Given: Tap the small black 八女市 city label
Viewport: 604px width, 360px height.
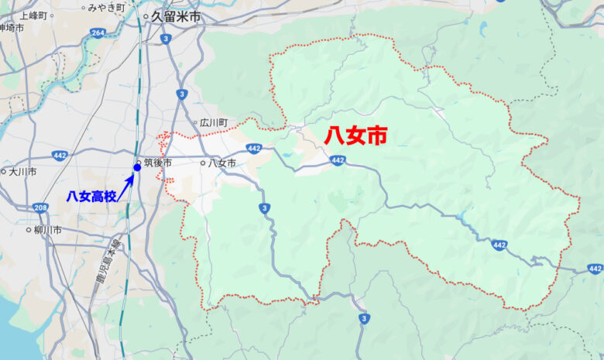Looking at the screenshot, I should click(221, 163).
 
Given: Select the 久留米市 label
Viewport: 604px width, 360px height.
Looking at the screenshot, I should click(176, 15).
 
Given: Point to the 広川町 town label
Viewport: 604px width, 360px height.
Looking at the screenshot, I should click(214, 123).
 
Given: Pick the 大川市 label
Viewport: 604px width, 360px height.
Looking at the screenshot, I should click(22, 172).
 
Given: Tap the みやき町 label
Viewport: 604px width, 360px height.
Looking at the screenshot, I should click(106, 8).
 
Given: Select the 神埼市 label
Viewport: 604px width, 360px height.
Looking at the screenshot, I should click(11, 28).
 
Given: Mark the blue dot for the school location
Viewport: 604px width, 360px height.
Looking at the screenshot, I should click(137, 167).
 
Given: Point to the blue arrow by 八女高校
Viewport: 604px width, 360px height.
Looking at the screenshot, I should click(126, 186).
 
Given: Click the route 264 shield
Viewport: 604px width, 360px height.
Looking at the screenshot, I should click(98, 33).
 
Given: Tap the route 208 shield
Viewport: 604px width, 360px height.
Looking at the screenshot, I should click(41, 207).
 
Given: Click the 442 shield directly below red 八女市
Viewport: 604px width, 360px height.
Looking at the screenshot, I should click(337, 160).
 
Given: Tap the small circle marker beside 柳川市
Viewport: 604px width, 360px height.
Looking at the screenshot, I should click(27, 230).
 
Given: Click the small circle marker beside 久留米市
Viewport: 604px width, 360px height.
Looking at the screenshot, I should click(146, 15).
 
